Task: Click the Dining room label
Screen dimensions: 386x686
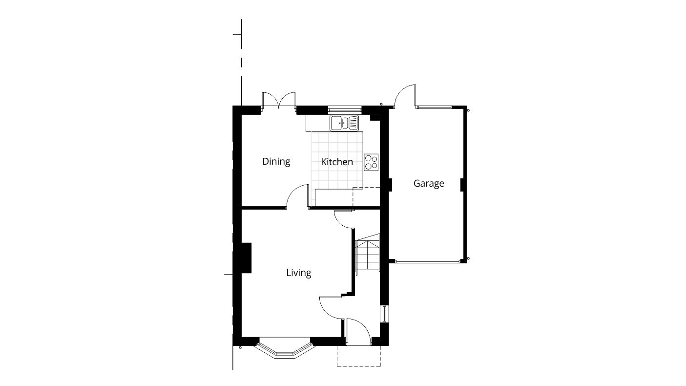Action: (x=276, y=161)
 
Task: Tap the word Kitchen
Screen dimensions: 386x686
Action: (x=336, y=162)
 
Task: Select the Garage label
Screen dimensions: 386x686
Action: (x=429, y=183)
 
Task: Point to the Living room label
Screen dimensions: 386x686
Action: (x=298, y=273)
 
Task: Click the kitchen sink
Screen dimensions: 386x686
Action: (x=344, y=123)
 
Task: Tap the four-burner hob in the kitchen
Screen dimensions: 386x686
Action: (x=371, y=162)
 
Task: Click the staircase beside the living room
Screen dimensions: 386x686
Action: (x=368, y=255)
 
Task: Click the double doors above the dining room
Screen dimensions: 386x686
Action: (x=278, y=100)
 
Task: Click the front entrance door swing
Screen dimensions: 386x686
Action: (x=358, y=330)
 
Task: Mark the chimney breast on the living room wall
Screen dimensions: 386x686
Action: (x=246, y=257)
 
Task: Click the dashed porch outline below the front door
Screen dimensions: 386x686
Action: (x=359, y=357)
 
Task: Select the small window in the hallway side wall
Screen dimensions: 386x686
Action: (x=384, y=314)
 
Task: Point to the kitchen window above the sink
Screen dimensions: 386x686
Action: (x=344, y=109)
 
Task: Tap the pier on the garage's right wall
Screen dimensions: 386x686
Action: (x=461, y=184)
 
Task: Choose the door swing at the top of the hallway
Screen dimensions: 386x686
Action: (x=343, y=218)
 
